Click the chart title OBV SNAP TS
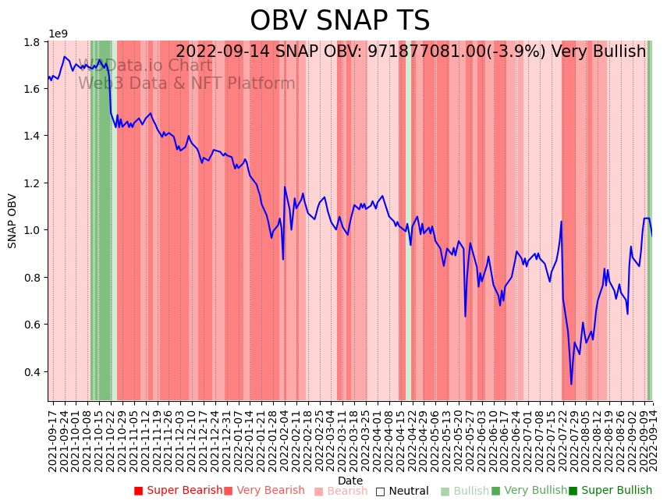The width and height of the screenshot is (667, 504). [x=339, y=21]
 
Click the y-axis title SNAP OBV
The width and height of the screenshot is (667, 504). [x=12, y=221]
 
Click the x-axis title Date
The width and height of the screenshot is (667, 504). [x=350, y=481]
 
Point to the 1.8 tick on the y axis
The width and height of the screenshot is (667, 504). [x=34, y=41]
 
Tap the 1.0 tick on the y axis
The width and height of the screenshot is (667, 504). [x=34, y=230]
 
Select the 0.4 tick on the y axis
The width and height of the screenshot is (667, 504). [x=34, y=371]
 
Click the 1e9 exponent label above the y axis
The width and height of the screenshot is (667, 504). [x=59, y=34]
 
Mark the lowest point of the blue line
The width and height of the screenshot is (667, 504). [x=571, y=384]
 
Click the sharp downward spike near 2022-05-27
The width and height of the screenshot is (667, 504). [x=465, y=316]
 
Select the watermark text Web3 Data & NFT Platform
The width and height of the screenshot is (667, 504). [x=186, y=83]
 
